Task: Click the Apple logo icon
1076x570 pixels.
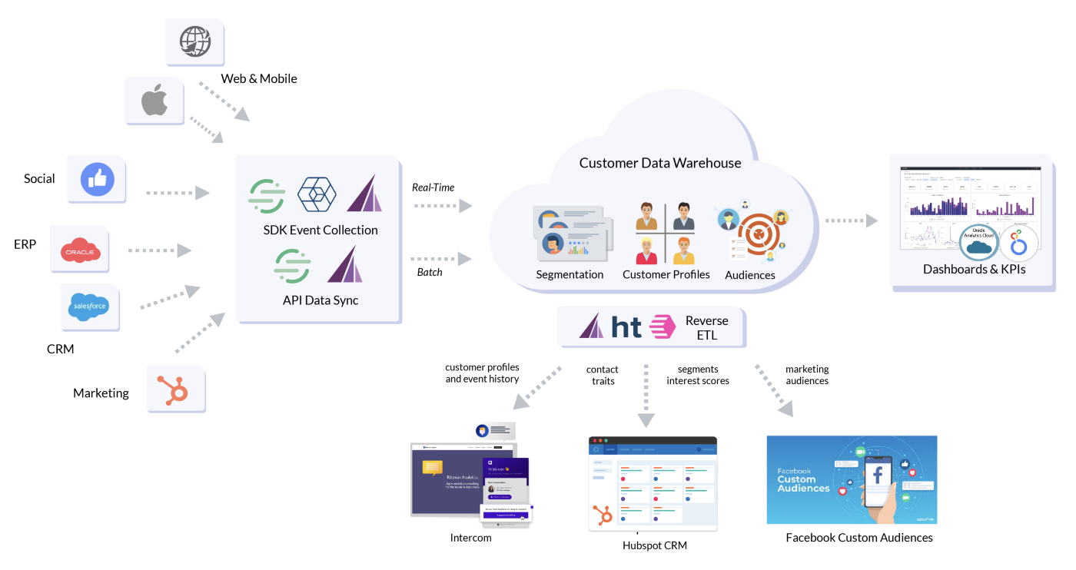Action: click(x=154, y=101)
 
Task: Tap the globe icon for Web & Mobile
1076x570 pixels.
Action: click(x=194, y=41)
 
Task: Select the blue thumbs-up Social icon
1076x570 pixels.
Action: click(x=98, y=179)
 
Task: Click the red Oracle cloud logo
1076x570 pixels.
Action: click(x=80, y=250)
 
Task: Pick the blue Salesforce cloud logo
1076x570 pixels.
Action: click(x=89, y=306)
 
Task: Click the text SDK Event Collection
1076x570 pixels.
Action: click(x=320, y=230)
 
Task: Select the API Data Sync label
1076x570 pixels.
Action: click(x=320, y=300)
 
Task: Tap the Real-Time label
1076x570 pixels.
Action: click(x=433, y=187)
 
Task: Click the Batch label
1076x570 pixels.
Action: click(x=430, y=272)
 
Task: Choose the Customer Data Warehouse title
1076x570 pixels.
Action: click(x=660, y=163)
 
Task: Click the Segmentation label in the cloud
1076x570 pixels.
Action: click(x=570, y=274)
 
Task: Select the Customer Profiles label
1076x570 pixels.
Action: click(x=666, y=274)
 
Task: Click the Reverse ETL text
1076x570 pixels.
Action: click(x=706, y=328)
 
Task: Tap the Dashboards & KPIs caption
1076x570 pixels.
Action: click(x=974, y=270)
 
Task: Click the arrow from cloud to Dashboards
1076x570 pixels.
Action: click(x=852, y=220)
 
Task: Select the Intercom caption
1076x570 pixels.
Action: click(x=470, y=538)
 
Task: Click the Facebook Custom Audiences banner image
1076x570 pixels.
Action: click(x=852, y=479)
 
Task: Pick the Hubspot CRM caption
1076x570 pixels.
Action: click(x=654, y=545)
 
